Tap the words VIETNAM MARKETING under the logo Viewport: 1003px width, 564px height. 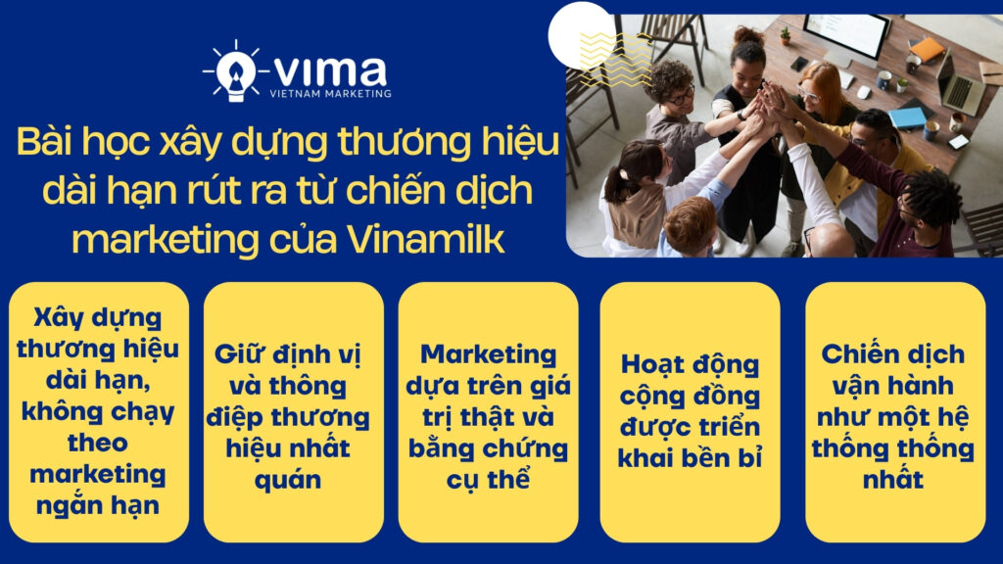click(x=330, y=94)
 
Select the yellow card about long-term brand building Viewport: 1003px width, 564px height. click(x=97, y=412)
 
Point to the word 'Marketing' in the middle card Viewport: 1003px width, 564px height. click(x=488, y=354)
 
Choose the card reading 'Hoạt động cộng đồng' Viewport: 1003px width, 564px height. click(x=690, y=412)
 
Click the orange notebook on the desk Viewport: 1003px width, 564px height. click(x=926, y=49)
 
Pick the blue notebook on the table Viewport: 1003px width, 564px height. click(x=907, y=117)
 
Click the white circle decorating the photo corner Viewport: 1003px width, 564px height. click(x=580, y=34)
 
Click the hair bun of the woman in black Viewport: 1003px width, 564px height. click(x=747, y=35)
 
